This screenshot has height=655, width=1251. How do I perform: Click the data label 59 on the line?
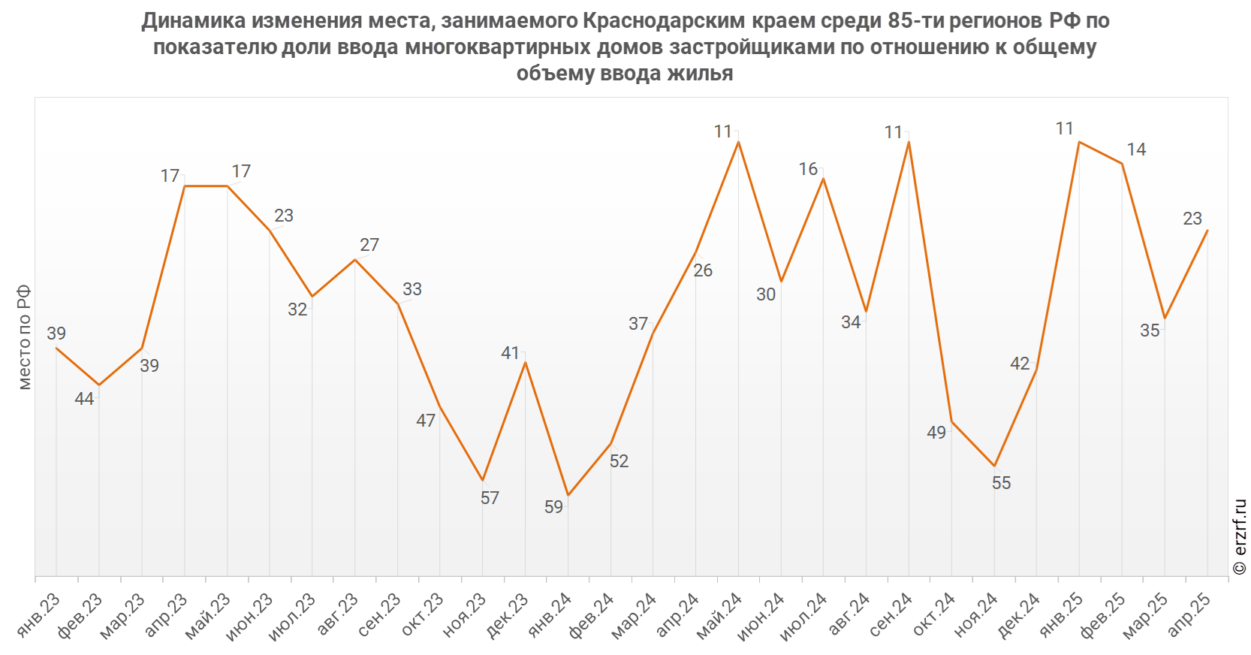coord(553,507)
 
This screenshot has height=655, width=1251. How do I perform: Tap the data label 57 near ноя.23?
coord(490,498)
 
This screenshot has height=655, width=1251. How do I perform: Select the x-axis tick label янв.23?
coord(38,615)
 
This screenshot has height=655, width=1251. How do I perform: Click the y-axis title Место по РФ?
coord(24,337)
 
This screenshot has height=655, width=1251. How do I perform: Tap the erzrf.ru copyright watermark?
coord(1240,537)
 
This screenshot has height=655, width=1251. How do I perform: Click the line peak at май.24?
coord(738,141)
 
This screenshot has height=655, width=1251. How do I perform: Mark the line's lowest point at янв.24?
coord(568,495)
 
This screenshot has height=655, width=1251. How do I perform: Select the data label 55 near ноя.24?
coord(1001,483)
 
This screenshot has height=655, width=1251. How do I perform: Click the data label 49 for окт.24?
coord(936,433)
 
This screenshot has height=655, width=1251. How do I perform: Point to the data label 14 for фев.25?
coord(1136,149)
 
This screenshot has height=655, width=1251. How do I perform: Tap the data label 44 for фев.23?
coord(84,399)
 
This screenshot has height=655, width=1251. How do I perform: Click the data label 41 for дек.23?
coord(510,353)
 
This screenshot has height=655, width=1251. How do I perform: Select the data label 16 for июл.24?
coord(808,169)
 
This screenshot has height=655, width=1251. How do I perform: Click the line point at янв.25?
coord(1079,141)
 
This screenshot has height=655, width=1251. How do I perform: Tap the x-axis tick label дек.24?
coord(1019,615)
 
